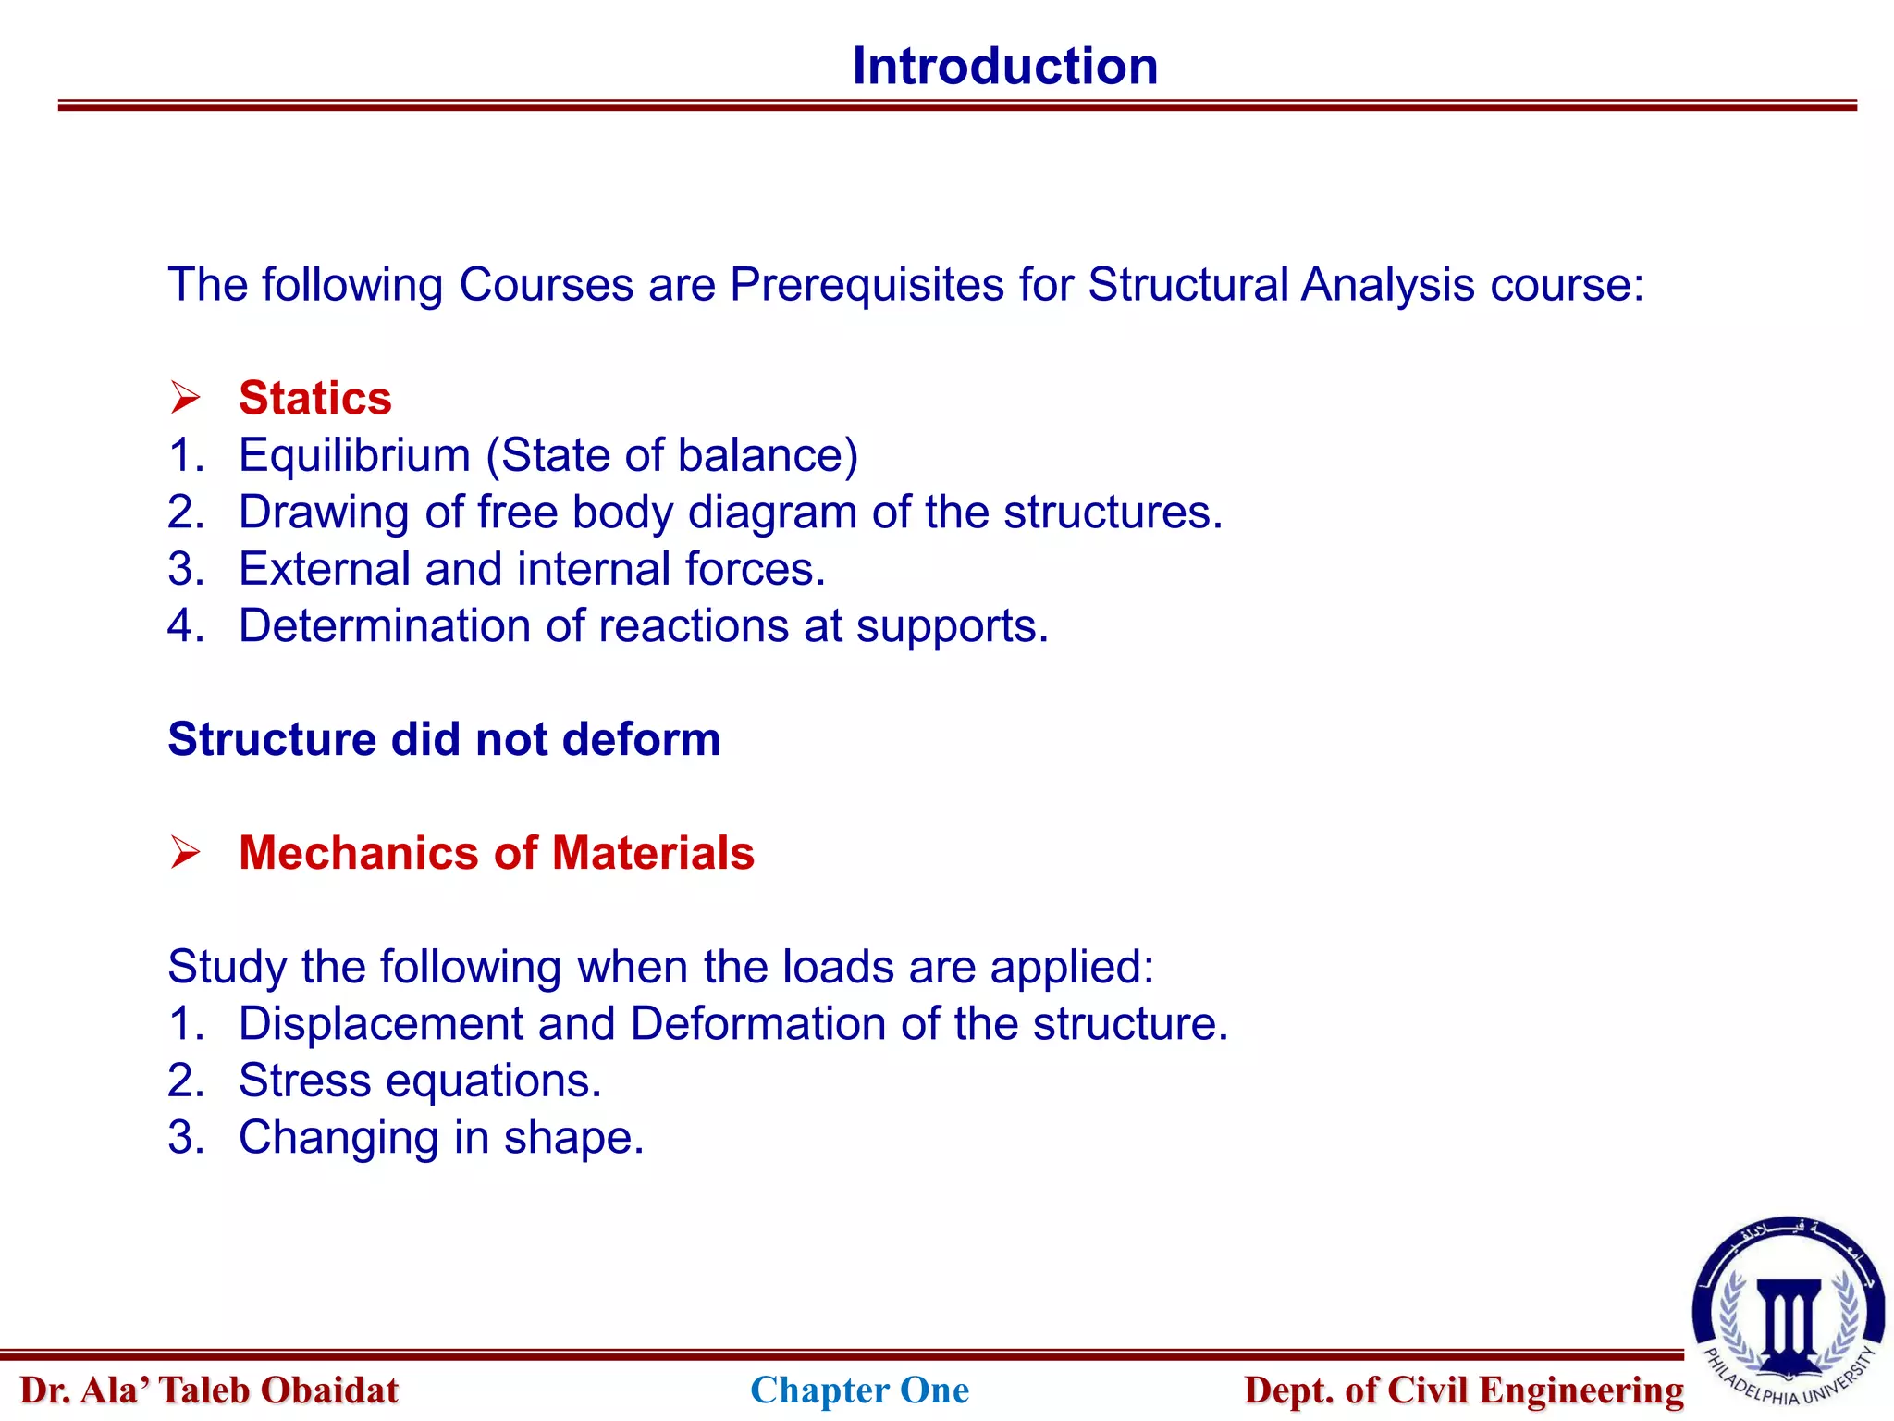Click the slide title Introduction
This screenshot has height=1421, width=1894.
(x=1004, y=67)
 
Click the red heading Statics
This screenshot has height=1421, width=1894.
(x=314, y=399)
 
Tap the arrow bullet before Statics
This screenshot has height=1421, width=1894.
(x=185, y=399)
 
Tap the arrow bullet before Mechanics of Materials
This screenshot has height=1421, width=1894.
(x=185, y=853)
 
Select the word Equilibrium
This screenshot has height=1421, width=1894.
(x=354, y=456)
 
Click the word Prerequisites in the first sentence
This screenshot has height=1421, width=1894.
(x=867, y=285)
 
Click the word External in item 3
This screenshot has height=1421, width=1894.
(x=324, y=569)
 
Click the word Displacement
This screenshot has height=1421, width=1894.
(x=380, y=1024)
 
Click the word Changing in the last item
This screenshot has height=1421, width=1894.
(x=338, y=1138)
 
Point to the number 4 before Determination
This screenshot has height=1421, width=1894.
(x=183, y=626)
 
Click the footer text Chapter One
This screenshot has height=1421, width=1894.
(x=859, y=1390)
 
